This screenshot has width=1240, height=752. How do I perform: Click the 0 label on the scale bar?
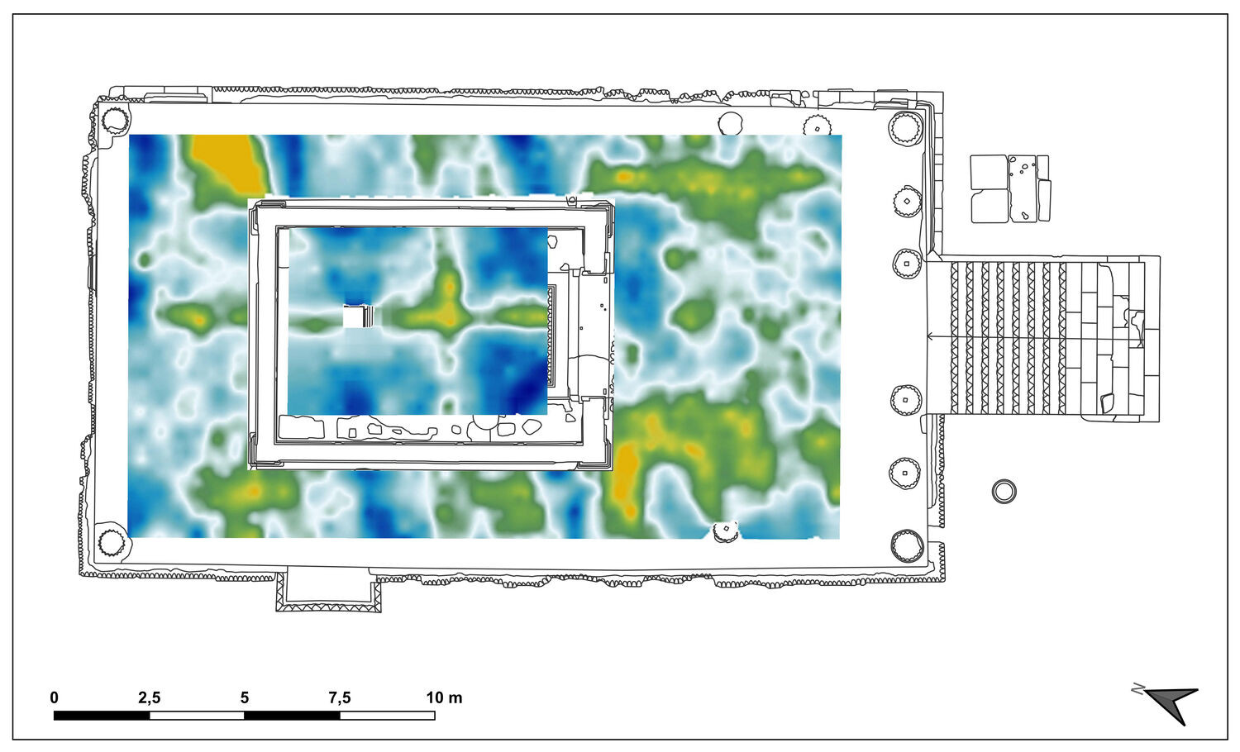coord(54,697)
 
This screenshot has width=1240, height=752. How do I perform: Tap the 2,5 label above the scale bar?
coord(149,697)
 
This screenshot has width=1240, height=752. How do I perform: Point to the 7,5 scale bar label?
coord(339,697)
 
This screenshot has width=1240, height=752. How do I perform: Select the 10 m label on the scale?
coord(444,697)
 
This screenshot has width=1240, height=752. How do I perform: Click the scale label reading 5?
coord(245,697)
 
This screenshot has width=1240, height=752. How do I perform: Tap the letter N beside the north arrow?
coord(1137,689)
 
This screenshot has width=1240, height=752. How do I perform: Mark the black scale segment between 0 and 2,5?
coord(102,716)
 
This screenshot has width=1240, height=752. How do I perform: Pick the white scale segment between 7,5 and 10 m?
coord(388,716)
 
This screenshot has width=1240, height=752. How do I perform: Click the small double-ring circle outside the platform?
coord(1004,492)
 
